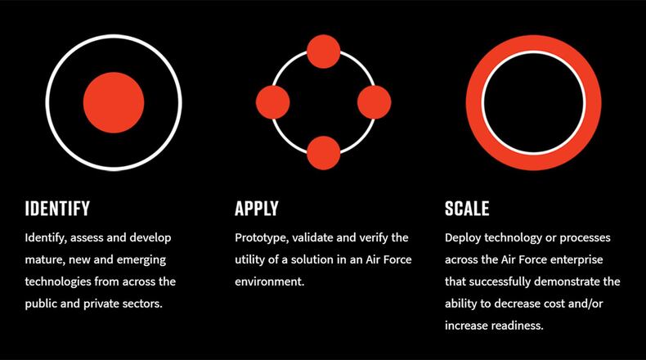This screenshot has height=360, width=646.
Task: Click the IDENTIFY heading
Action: click(57, 208)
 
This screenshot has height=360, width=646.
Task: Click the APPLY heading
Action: click(257, 208)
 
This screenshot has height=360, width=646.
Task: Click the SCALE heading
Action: click(467, 208)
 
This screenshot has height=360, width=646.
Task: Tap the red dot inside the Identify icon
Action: click(114, 101)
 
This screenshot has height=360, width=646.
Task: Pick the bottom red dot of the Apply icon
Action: click(323, 153)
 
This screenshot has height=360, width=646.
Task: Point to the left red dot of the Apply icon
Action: click(272, 101)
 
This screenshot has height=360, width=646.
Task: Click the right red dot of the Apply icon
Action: click(375, 101)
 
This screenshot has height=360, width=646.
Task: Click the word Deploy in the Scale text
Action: click(464, 238)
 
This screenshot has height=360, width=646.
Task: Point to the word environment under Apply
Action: click(269, 281)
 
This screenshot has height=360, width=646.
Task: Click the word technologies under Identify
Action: click(63, 281)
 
